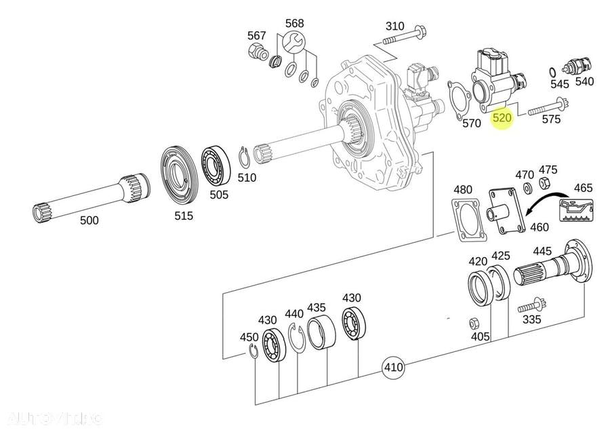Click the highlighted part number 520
(502, 118)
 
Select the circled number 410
(393, 368)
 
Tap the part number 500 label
(89, 220)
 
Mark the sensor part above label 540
(577, 66)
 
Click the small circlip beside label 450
(250, 351)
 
